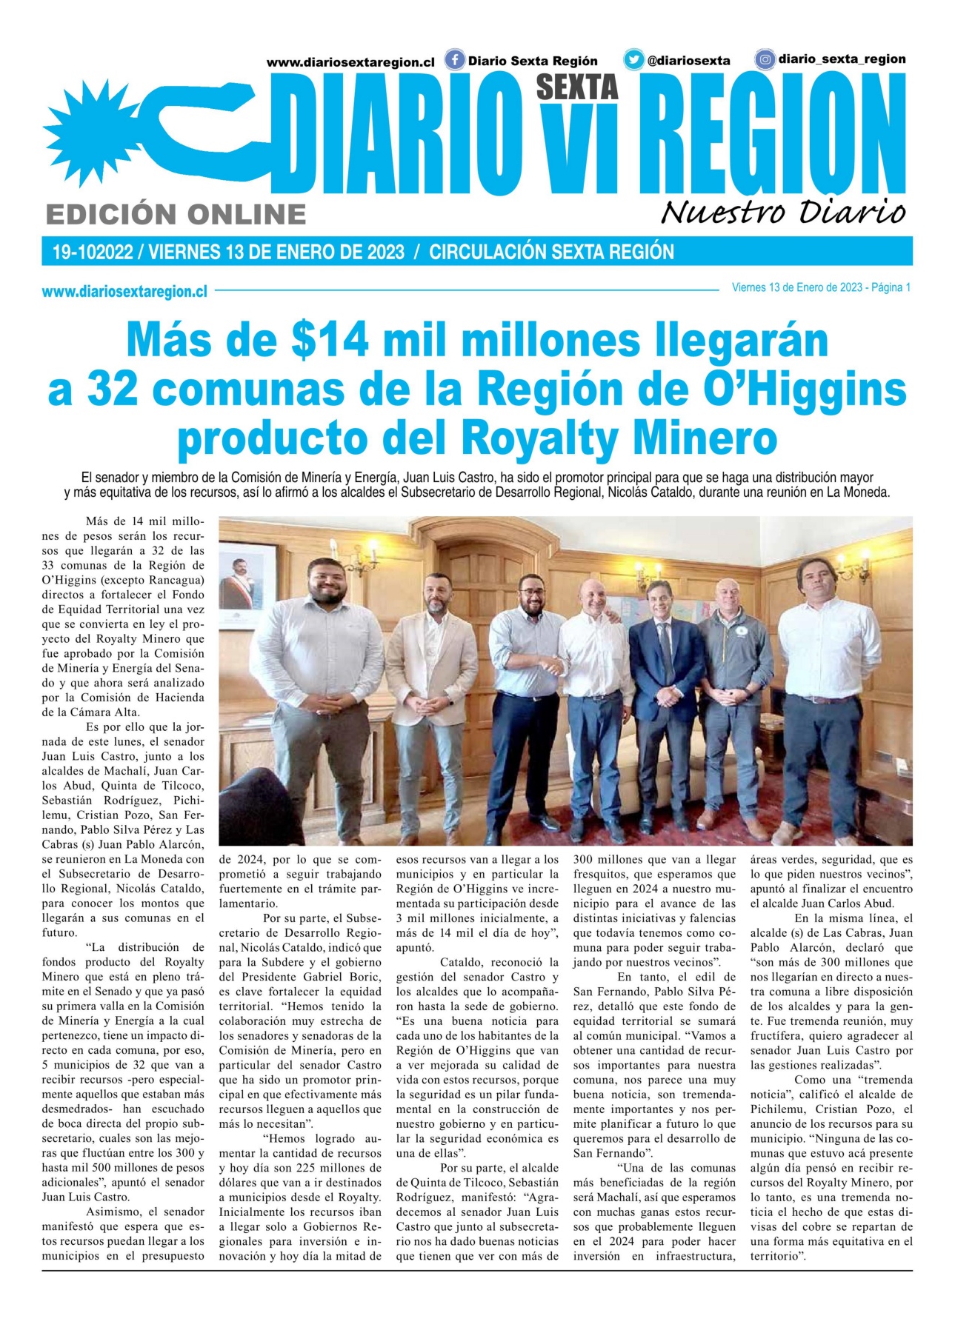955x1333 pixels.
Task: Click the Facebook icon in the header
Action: pyautogui.click(x=454, y=60)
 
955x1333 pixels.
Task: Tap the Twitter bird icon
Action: pyautogui.click(x=633, y=60)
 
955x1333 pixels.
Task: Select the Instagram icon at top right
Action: pyautogui.click(x=765, y=59)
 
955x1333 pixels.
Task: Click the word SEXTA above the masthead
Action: pyautogui.click(x=576, y=87)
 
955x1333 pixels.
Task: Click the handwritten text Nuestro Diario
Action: pyautogui.click(x=783, y=212)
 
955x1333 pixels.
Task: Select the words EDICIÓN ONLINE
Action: pyautogui.click(x=176, y=214)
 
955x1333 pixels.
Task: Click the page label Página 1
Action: pyautogui.click(x=891, y=287)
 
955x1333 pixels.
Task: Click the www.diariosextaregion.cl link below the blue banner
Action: pyautogui.click(x=124, y=292)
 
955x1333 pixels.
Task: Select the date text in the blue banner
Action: pyautogui.click(x=276, y=253)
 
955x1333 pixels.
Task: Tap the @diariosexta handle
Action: pyautogui.click(x=688, y=61)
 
